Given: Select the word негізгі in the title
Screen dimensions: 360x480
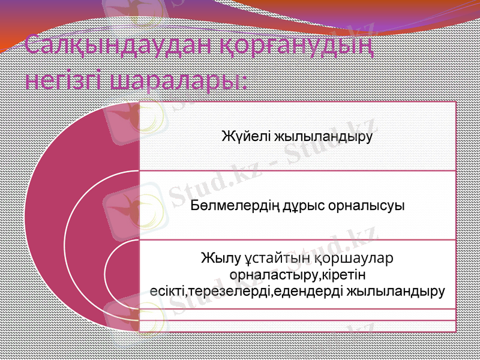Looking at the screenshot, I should click(x=65, y=80).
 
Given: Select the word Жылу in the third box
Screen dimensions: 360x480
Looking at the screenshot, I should click(x=220, y=259).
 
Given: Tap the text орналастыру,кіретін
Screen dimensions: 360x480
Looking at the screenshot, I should click(x=298, y=275).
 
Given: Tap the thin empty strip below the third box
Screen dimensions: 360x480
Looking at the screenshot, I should click(x=297, y=314).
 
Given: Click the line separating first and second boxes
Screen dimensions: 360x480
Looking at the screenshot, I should click(x=297, y=170).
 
